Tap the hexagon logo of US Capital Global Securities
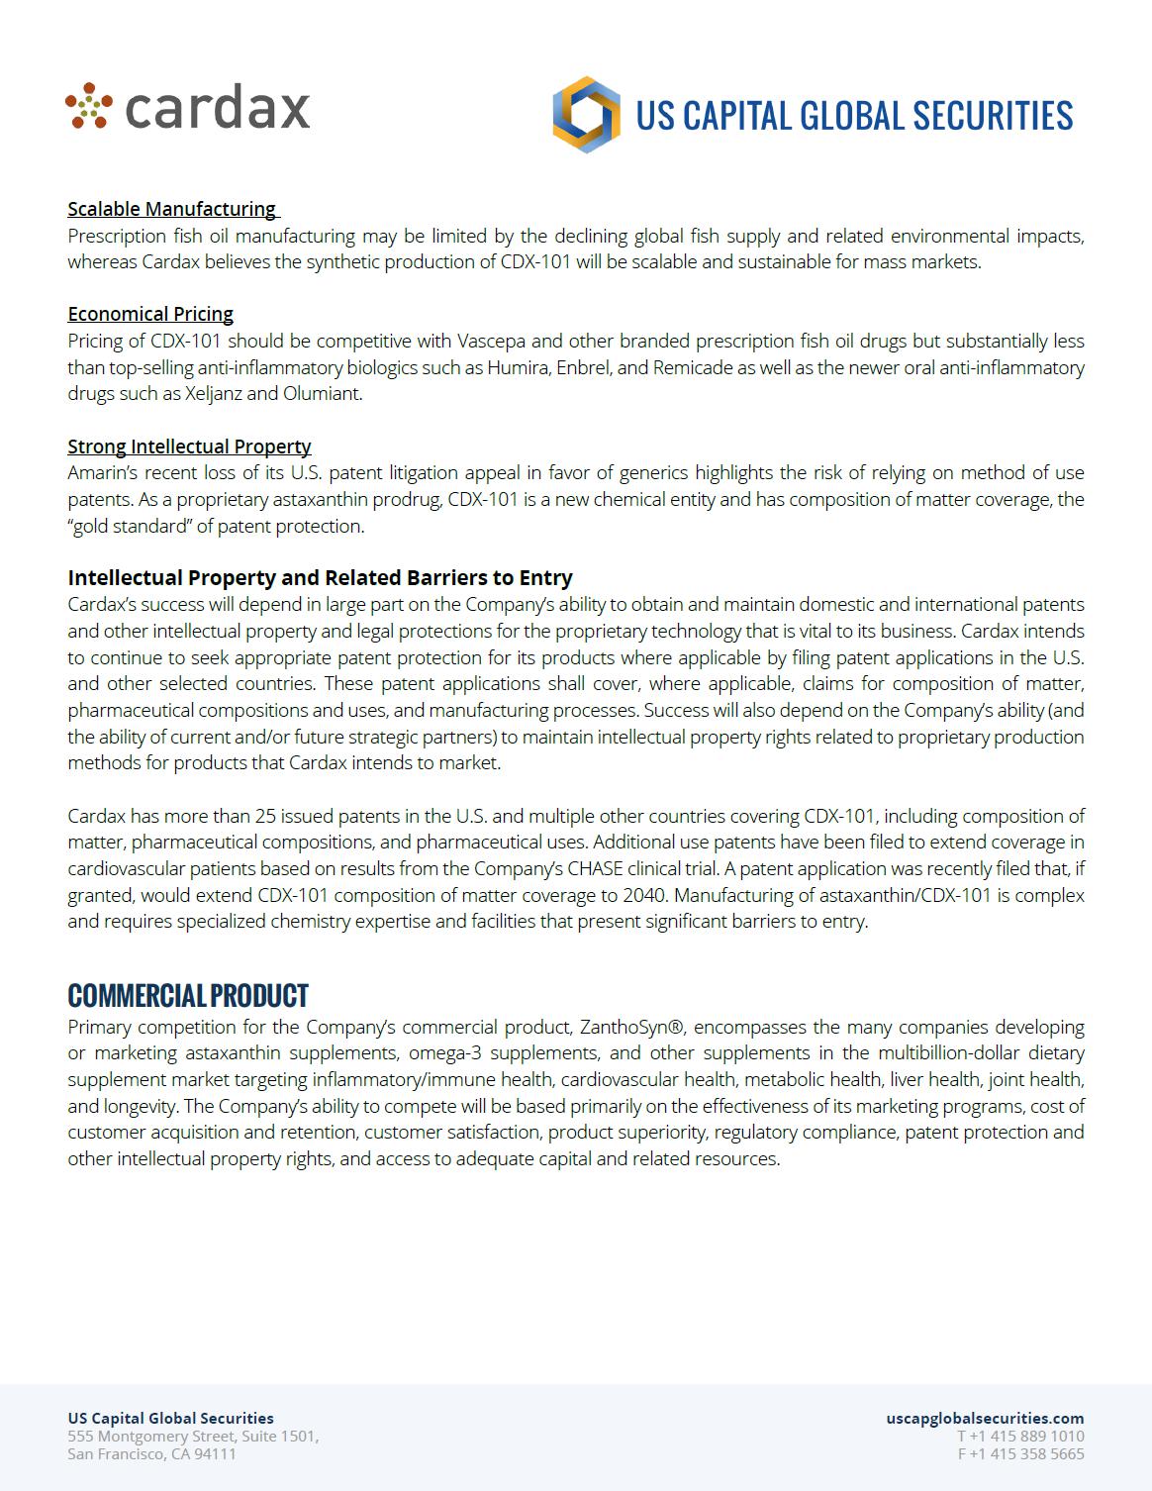point(586,115)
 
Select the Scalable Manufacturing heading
point(172,209)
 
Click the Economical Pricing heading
point(150,314)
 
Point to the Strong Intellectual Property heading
point(189,447)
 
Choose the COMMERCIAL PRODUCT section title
point(188,995)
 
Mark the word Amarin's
point(105,473)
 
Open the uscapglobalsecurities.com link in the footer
point(985,1418)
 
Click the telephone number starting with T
point(1020,1436)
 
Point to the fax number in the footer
point(1020,1453)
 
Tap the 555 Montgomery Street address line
point(193,1436)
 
